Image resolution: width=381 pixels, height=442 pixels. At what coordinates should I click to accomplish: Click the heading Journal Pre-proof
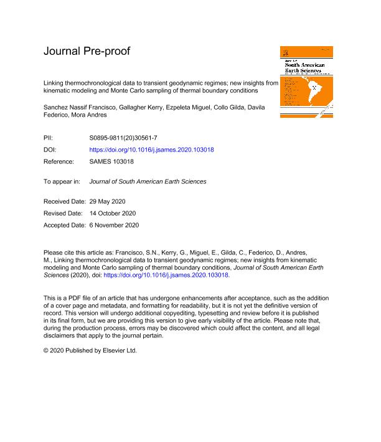(x=87, y=51)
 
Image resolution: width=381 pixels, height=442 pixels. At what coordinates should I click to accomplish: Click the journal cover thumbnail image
(x=306, y=82)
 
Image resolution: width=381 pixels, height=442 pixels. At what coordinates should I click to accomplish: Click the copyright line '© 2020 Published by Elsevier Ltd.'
(x=90, y=350)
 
